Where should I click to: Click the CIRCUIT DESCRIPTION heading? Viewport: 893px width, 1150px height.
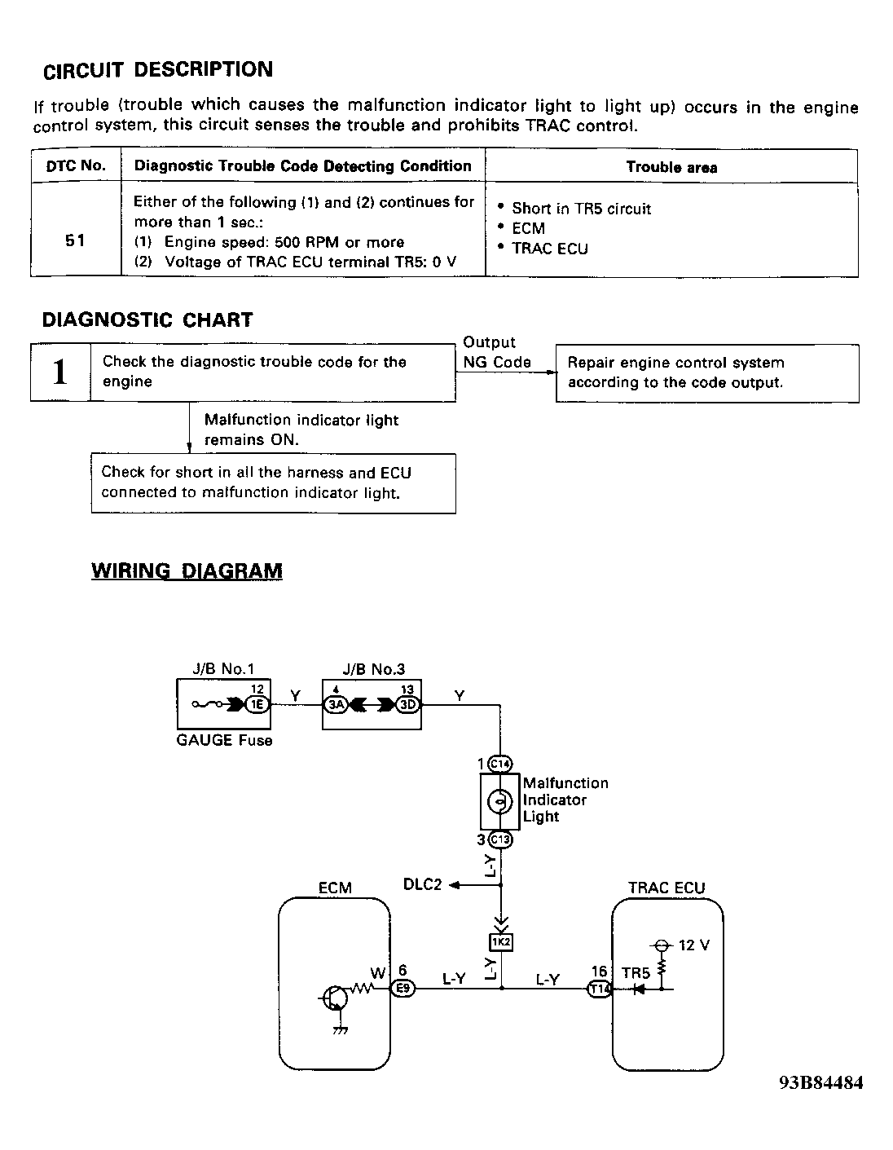click(158, 70)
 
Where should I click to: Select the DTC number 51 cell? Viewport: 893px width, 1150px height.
click(75, 241)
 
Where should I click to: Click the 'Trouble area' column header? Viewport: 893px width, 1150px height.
click(671, 167)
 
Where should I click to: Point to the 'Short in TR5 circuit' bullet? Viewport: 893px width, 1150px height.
click(581, 209)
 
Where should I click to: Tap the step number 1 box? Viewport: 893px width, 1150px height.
click(59, 372)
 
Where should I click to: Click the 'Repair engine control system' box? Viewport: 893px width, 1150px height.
click(706, 373)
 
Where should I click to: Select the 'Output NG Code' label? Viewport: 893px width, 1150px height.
click(496, 353)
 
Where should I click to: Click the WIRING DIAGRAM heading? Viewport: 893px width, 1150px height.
click(187, 571)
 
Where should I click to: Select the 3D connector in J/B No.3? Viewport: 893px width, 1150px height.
click(407, 705)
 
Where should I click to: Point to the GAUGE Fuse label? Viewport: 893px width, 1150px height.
click(224, 741)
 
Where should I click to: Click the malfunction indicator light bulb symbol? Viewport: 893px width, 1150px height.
click(499, 802)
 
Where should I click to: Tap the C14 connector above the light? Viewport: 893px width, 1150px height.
click(499, 764)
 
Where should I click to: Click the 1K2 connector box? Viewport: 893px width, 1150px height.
click(500, 942)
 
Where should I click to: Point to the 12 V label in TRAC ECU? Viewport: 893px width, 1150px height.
click(693, 945)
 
